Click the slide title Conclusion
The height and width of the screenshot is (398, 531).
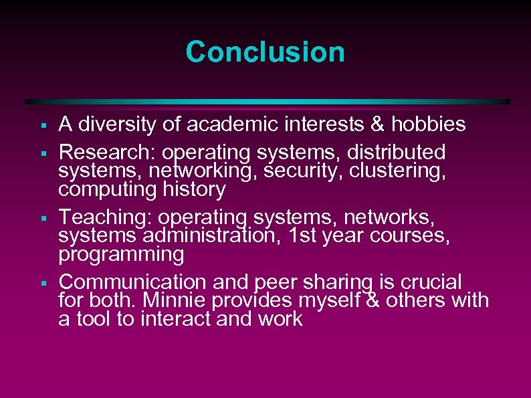point(265,52)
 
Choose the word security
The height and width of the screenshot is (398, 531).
point(300,170)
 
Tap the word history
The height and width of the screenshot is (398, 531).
point(194,189)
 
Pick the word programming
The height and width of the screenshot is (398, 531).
point(121,254)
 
